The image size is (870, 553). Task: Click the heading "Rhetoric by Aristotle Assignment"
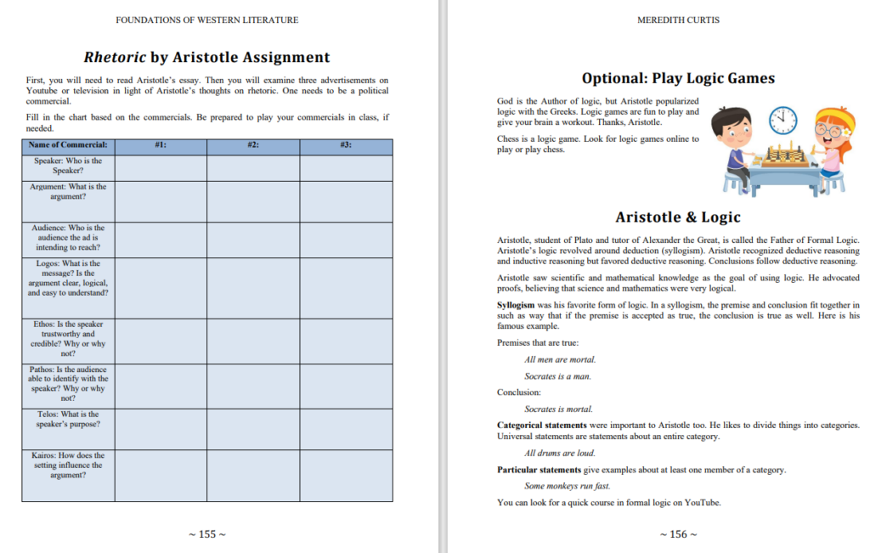(x=206, y=58)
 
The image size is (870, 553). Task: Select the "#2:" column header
(x=252, y=145)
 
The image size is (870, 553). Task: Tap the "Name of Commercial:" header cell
(x=68, y=145)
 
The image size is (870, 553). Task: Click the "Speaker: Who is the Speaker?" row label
(x=68, y=166)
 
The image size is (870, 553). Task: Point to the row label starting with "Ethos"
(x=68, y=338)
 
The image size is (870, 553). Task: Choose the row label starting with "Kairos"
(x=68, y=466)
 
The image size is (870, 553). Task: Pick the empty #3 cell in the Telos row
(x=346, y=427)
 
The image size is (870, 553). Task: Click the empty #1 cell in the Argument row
(x=161, y=200)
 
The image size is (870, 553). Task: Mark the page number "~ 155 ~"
(x=207, y=534)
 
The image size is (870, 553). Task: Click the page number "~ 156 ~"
(x=678, y=534)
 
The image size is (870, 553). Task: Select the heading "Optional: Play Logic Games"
(x=678, y=79)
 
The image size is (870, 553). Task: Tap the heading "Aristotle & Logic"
(x=678, y=217)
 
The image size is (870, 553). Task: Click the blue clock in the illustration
(x=782, y=121)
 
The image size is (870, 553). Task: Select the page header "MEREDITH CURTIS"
(x=678, y=20)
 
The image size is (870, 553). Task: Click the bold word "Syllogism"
(x=516, y=304)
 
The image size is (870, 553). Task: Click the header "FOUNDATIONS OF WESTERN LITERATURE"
(x=207, y=20)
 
